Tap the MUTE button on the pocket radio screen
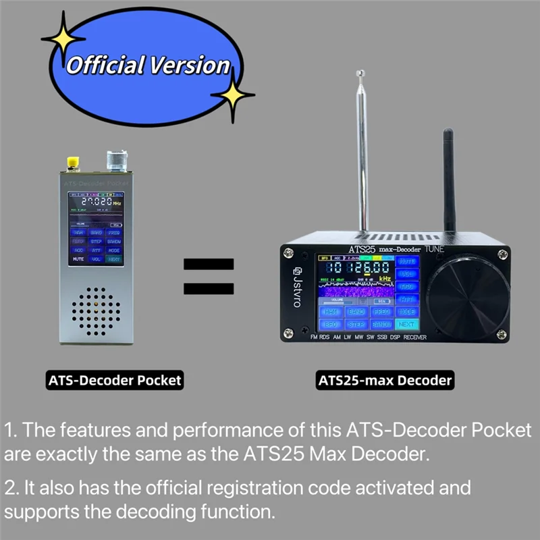(78, 259)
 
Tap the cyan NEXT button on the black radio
(406, 324)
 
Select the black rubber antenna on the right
(449, 182)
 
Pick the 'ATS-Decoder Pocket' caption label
(115, 380)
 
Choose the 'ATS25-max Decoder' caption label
(385, 380)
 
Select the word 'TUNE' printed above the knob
(434, 249)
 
